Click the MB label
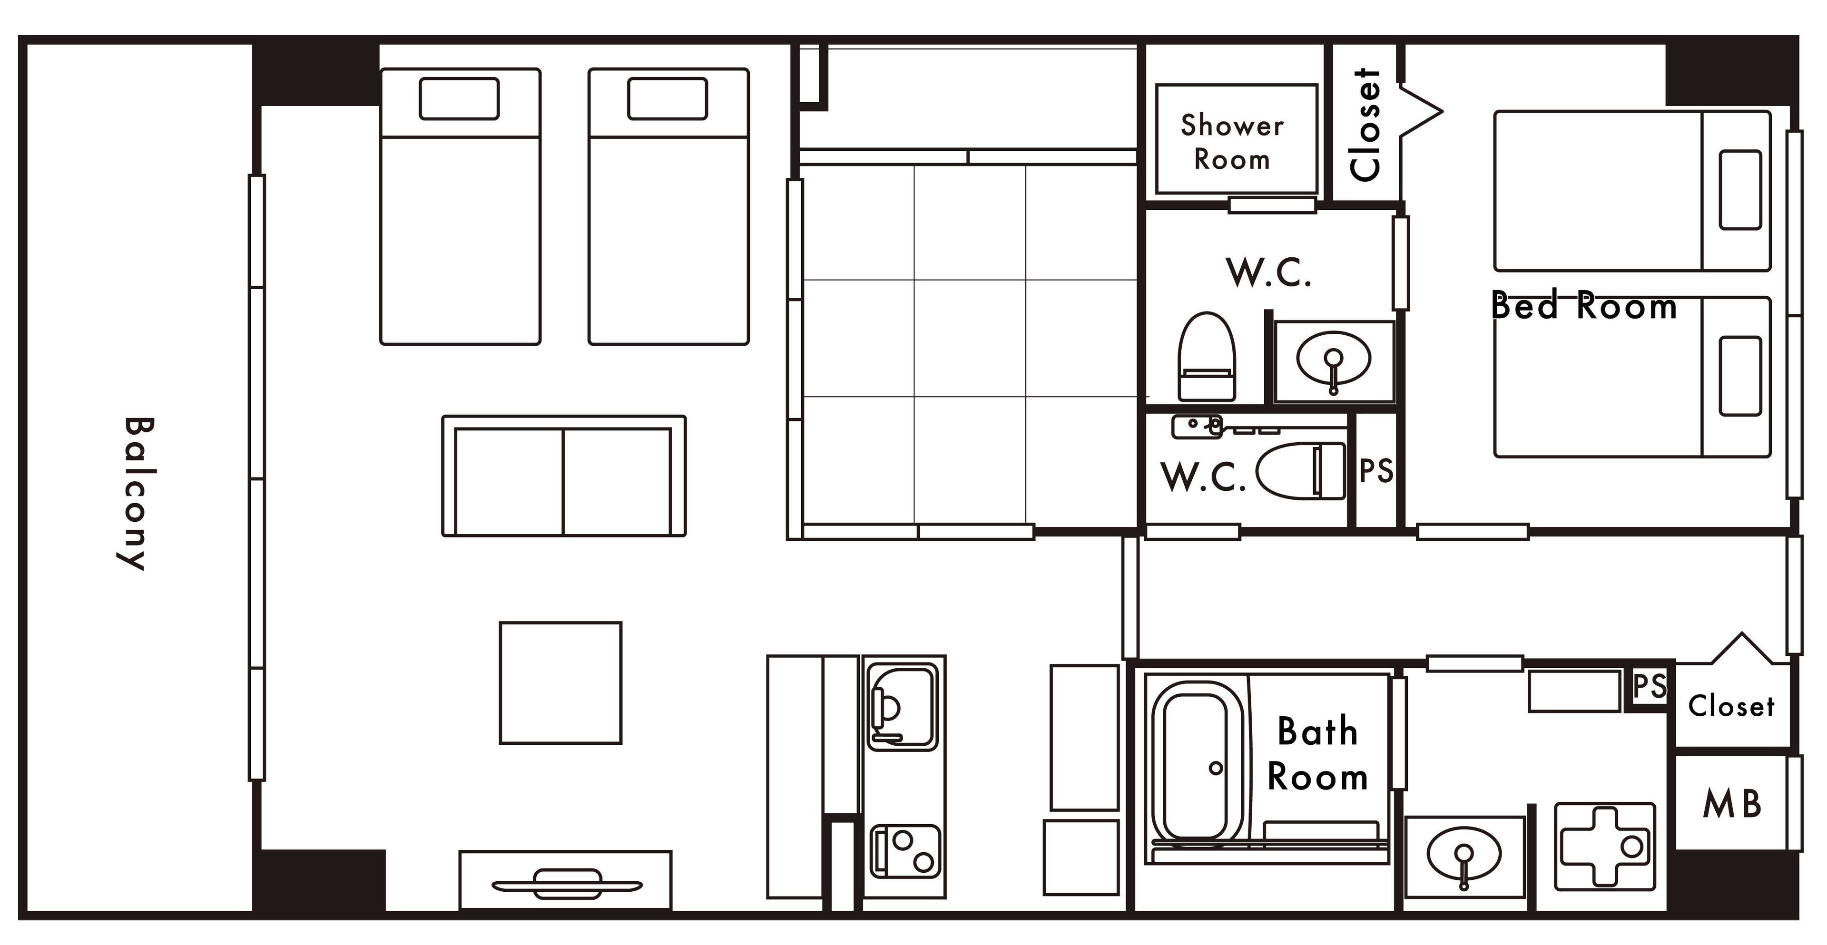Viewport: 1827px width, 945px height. [x=1732, y=804]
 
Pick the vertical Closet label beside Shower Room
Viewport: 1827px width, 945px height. [x=1365, y=125]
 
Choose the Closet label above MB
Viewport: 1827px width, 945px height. [x=1731, y=706]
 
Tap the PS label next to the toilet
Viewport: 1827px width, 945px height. [x=1376, y=471]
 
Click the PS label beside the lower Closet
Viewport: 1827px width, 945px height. [x=1650, y=685]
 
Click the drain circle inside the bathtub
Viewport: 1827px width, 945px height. [x=1216, y=768]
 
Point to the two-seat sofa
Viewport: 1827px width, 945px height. [x=564, y=476]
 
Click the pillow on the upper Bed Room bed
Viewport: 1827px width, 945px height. [x=1740, y=190]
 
